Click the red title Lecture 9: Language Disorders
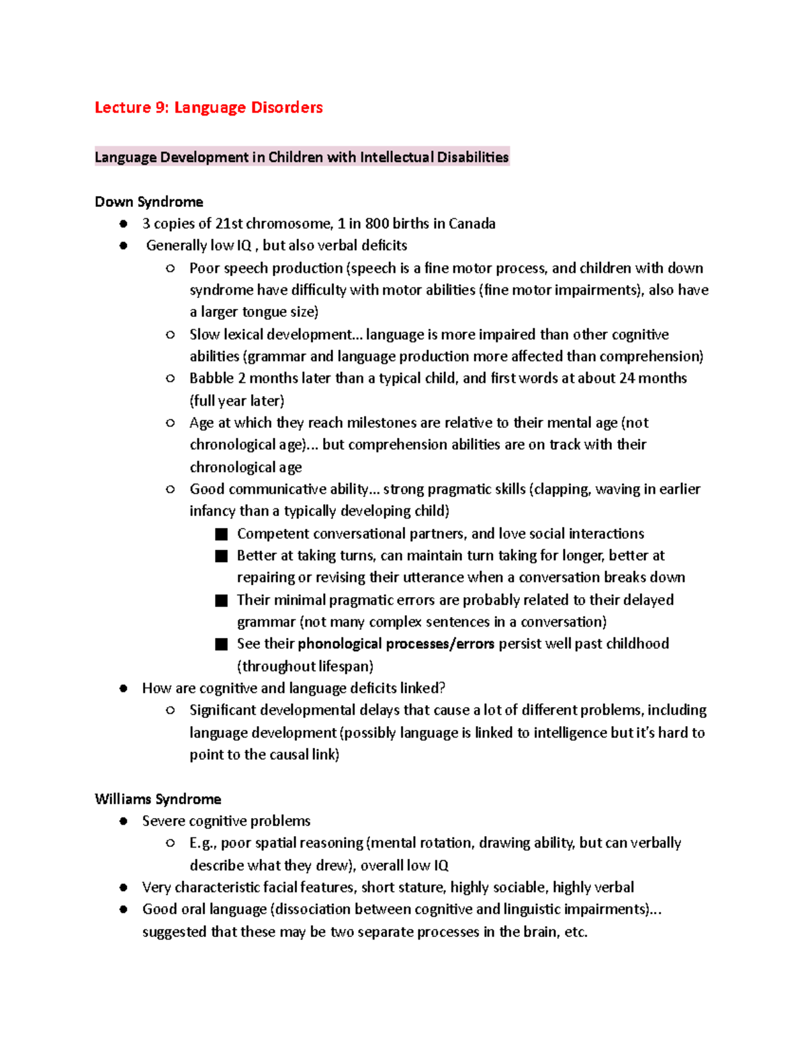(x=208, y=107)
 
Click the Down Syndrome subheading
(x=148, y=201)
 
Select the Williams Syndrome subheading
(x=158, y=799)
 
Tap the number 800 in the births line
(x=377, y=224)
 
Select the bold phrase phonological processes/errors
(x=396, y=644)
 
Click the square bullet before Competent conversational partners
(x=222, y=535)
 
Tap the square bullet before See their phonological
(x=222, y=645)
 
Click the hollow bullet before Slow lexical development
(x=171, y=334)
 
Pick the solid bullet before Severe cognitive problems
(x=123, y=821)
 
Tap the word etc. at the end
(x=576, y=932)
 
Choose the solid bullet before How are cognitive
(x=123, y=688)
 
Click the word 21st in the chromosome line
(x=229, y=224)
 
